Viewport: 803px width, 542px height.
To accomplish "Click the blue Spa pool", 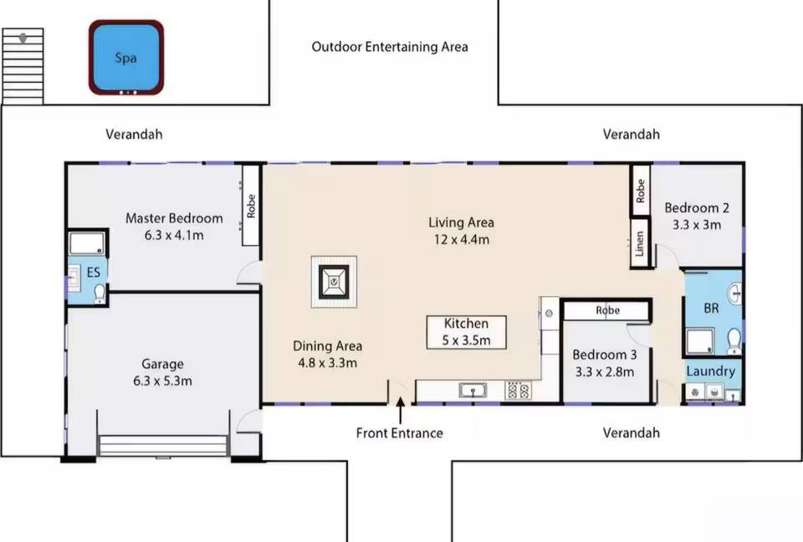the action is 126,58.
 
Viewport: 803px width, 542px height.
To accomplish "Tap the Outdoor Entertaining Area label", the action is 390,47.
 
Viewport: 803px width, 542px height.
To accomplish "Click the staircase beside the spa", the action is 23,66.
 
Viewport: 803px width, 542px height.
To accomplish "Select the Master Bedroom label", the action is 174,218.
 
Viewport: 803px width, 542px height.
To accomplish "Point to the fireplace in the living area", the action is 334,282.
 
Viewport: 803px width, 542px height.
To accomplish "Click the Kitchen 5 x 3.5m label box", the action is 466,332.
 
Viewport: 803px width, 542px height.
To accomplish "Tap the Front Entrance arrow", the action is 401,410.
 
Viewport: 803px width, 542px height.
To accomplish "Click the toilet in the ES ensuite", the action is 100,294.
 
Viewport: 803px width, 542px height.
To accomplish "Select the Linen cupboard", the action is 639,243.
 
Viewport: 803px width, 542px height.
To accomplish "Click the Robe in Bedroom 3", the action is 607,310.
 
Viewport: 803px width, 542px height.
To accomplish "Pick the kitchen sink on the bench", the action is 472,391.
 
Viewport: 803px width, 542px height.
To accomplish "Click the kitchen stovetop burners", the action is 518,391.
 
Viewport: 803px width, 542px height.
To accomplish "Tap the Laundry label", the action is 711,371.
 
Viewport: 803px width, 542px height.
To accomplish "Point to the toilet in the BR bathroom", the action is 734,340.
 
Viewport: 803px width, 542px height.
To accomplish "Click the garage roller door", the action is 163,445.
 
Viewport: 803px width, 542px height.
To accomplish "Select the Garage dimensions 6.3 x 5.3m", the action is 163,381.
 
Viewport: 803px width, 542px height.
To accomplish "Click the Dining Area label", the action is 328,345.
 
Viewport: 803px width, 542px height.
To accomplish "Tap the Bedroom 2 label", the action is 697,207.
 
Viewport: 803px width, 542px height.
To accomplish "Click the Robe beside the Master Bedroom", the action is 250,205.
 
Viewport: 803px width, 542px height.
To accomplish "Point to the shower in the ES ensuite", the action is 88,243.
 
